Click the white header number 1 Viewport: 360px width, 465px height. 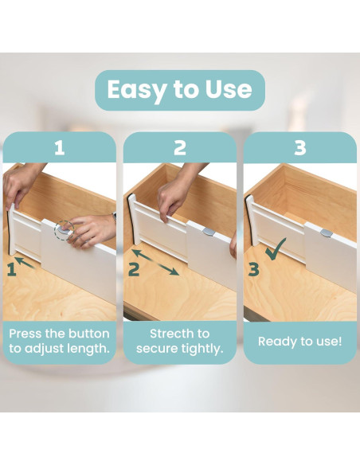[60, 147]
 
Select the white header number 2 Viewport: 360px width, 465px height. [180, 147]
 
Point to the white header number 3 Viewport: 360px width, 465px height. [299, 147]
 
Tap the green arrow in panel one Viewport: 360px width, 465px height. [25, 263]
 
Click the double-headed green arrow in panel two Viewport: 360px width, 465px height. [155, 262]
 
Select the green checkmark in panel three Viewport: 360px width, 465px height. [276, 249]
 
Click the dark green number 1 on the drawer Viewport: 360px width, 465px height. [11, 270]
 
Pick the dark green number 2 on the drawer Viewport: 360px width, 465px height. [134, 270]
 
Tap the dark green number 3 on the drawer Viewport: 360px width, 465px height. [253, 270]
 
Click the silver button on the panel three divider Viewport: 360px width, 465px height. [327, 233]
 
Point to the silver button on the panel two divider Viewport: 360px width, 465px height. [209, 232]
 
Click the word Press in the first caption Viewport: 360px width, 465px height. [25, 334]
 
